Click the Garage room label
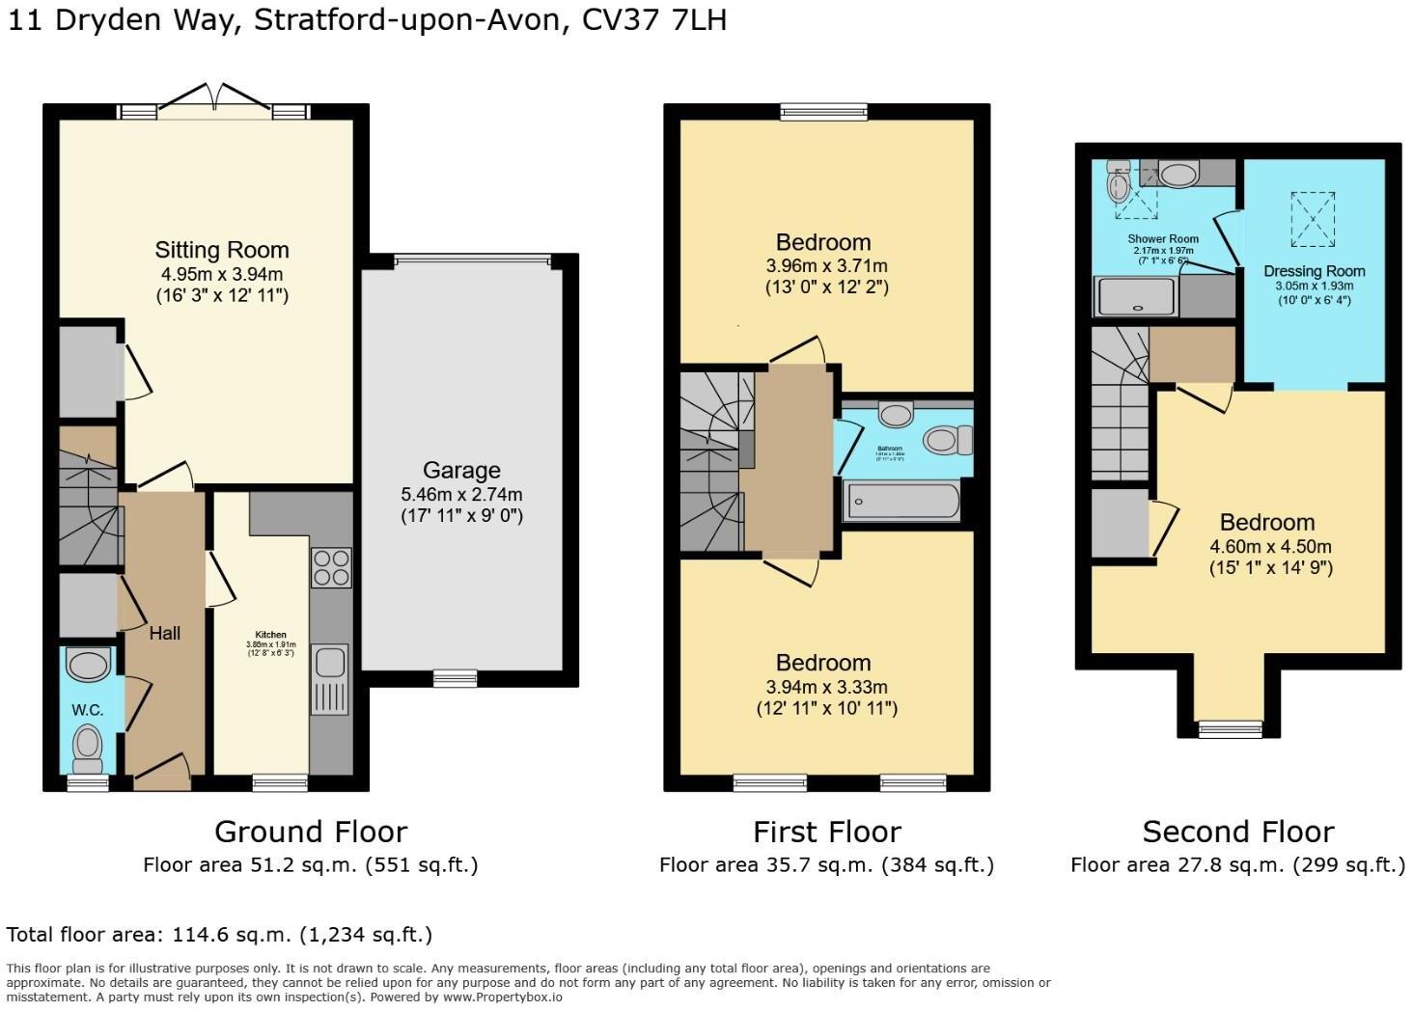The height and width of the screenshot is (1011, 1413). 461,471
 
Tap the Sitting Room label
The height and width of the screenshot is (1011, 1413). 222,250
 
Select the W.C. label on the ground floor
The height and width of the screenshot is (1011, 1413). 87,710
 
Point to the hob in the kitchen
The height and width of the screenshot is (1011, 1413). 331,567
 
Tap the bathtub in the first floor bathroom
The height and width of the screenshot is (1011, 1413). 902,502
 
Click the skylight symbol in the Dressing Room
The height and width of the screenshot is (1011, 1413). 1314,217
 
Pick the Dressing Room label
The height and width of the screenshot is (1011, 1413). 1314,271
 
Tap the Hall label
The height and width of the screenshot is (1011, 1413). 165,634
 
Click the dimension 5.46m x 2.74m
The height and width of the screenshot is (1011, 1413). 461,494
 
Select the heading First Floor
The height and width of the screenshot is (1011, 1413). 826,832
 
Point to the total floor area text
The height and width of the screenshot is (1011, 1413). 219,934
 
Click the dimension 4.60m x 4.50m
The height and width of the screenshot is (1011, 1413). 1266,546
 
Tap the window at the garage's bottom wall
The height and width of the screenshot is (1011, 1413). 455,678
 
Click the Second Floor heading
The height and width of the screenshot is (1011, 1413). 1237,832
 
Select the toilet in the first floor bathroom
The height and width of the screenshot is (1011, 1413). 946,442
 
